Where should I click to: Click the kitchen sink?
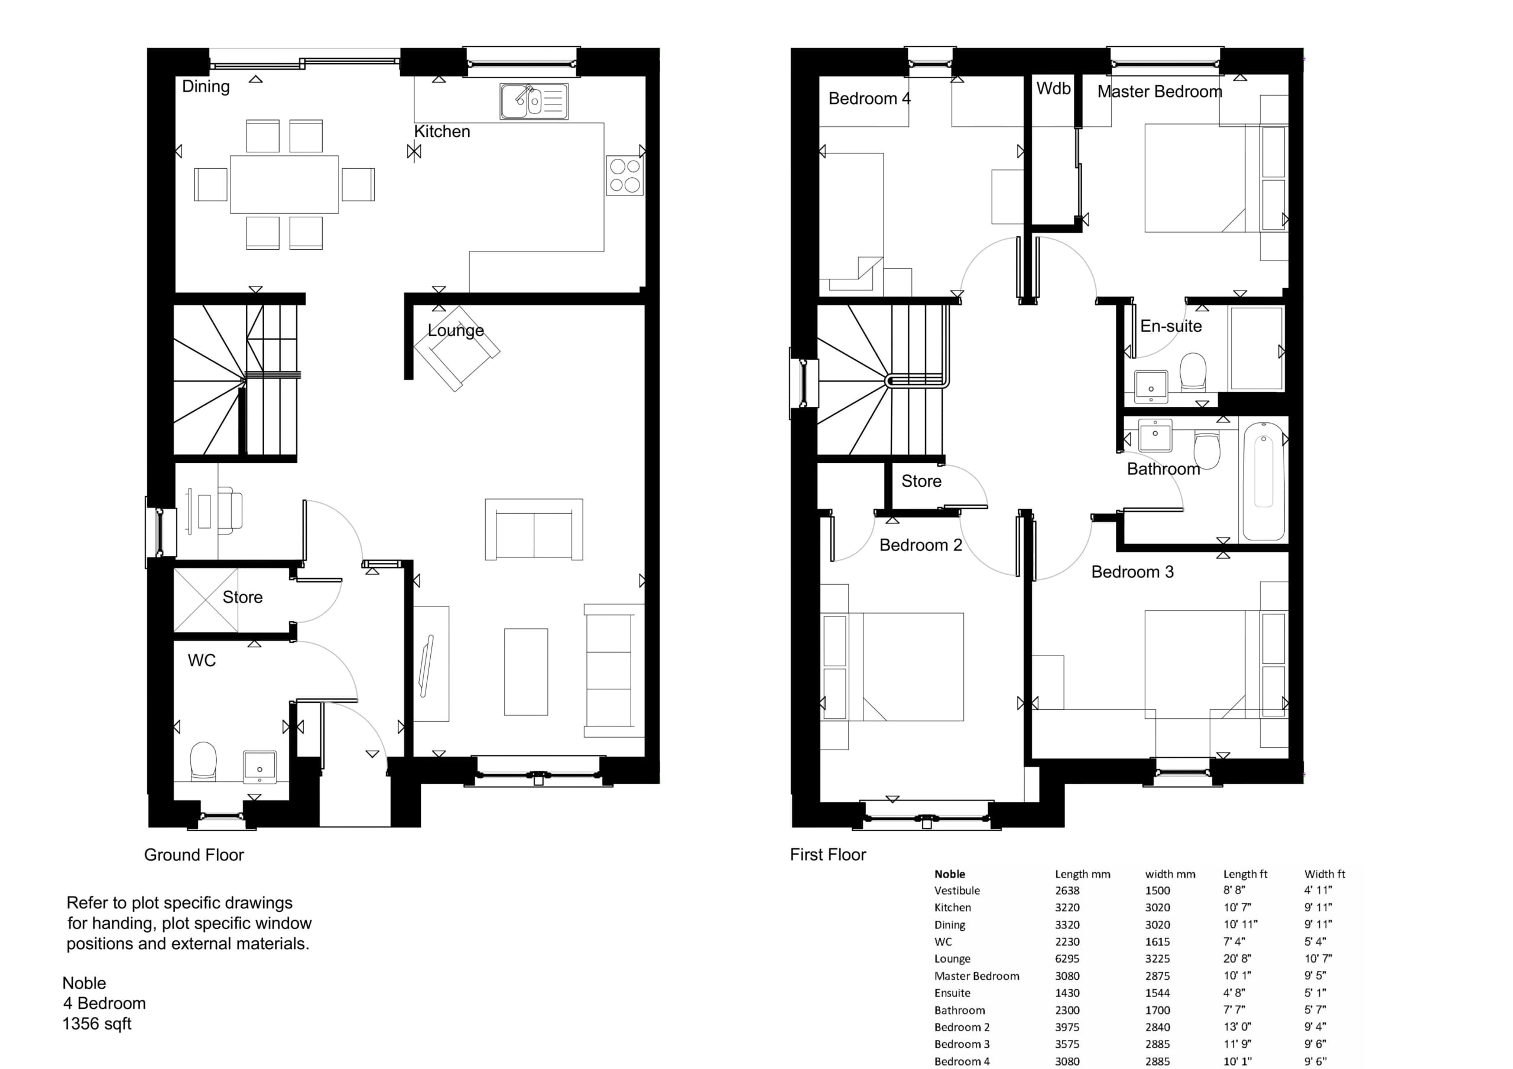[x=534, y=102]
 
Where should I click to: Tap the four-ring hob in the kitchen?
[x=625, y=175]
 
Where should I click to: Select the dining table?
[x=284, y=184]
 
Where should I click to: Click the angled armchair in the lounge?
[x=456, y=348]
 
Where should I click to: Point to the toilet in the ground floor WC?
[x=203, y=762]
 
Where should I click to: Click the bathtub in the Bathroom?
[x=1263, y=481]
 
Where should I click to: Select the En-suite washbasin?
[x=1151, y=387]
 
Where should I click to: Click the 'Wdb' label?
[x=1053, y=88]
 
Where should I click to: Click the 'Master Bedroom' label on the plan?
[x=1159, y=92]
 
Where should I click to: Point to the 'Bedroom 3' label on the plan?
[x=1132, y=572]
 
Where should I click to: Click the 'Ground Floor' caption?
[x=194, y=855]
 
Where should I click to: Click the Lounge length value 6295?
[x=1067, y=959]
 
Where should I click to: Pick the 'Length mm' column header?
[x=1082, y=875]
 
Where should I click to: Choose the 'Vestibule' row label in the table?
[x=957, y=891]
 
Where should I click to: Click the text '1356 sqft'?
[x=97, y=1024]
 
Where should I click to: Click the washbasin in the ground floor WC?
[x=260, y=767]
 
